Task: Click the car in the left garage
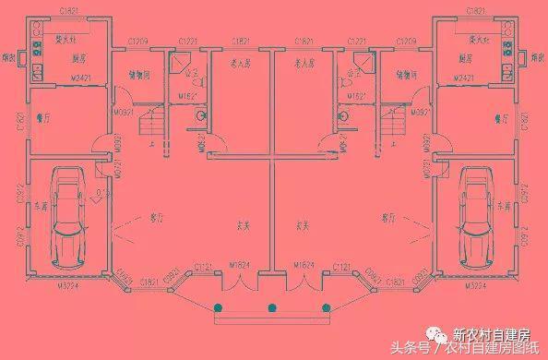click(66, 217)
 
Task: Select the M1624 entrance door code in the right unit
click(305, 265)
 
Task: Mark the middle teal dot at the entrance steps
click(272, 307)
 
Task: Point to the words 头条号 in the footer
click(406, 348)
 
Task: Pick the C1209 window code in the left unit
click(138, 42)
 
